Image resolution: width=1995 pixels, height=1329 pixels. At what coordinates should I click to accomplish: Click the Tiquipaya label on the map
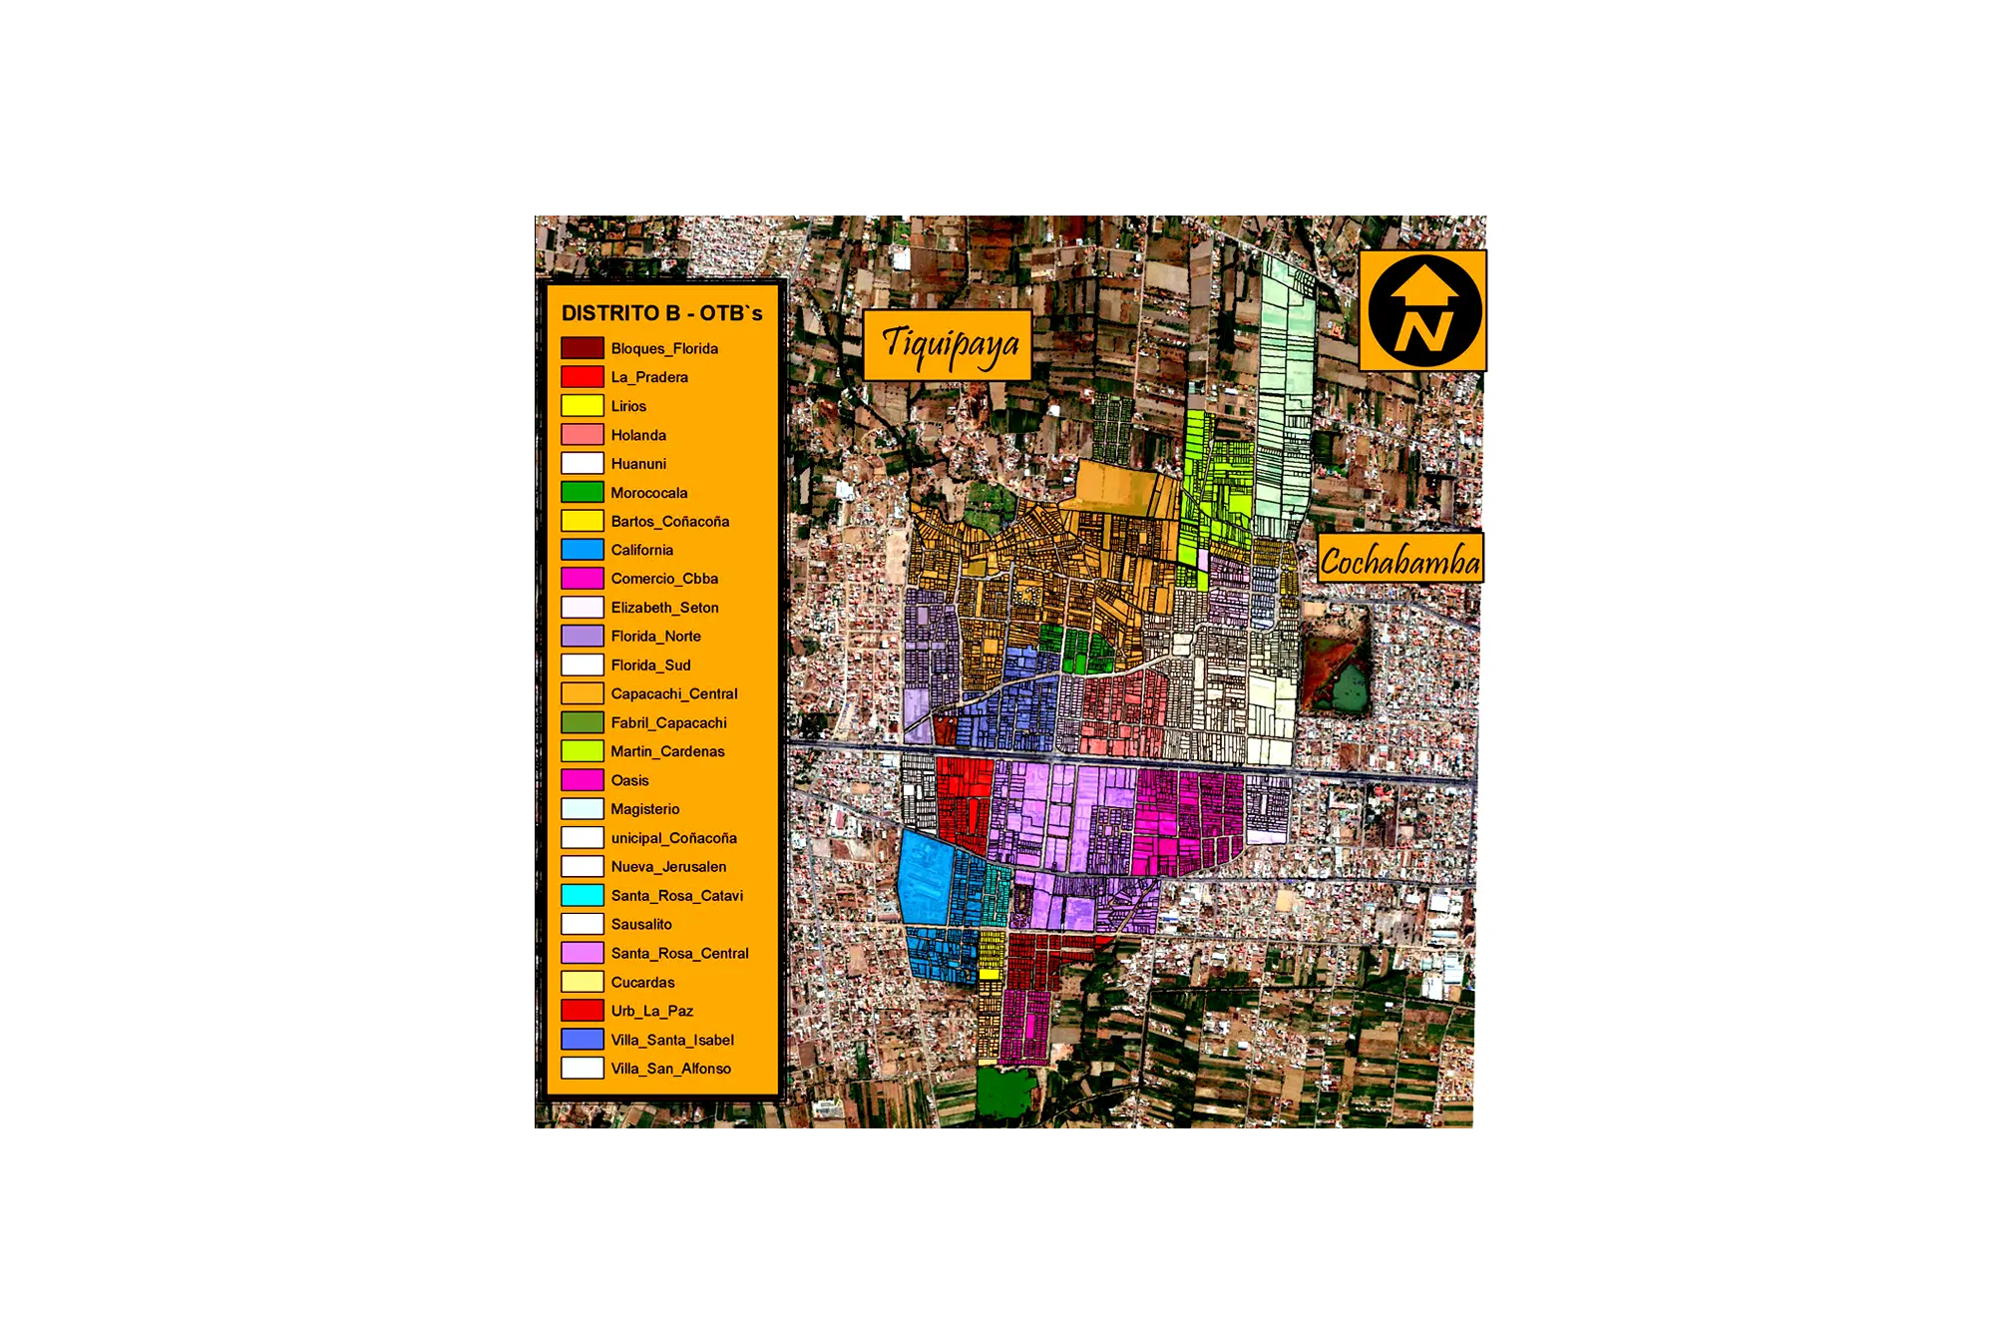[x=947, y=344]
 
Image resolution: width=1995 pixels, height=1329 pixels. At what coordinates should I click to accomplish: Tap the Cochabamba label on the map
[x=1399, y=560]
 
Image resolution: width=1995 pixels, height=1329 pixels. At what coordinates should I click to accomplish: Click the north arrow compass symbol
[x=1423, y=311]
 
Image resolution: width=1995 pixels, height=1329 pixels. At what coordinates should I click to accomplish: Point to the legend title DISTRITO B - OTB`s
[x=661, y=313]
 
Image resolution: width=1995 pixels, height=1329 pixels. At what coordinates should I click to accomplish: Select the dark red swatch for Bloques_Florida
[x=583, y=348]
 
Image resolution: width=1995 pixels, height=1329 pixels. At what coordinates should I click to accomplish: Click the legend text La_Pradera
[x=649, y=377]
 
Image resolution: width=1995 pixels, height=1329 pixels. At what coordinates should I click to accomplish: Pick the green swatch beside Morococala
[x=583, y=492]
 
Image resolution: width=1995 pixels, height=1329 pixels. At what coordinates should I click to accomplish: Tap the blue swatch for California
[x=583, y=550]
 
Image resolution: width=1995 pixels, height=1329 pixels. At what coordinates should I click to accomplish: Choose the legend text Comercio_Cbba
[x=664, y=579]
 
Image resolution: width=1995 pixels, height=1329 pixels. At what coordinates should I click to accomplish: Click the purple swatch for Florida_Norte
[x=583, y=636]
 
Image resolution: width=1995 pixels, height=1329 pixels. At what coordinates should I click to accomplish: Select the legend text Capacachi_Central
[x=674, y=693]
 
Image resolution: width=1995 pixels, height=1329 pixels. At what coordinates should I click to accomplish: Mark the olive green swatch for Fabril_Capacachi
[x=583, y=722]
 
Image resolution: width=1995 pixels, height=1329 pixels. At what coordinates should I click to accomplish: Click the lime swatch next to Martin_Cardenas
[x=583, y=751]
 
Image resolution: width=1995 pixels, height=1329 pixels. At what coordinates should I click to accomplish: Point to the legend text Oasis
[x=629, y=780]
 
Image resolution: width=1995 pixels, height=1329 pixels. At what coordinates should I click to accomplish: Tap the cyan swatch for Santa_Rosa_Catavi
[x=583, y=895]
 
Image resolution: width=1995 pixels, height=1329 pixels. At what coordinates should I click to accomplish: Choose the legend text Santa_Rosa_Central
[x=679, y=953]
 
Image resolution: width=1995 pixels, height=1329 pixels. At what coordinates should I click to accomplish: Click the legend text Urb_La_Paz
[x=651, y=1011]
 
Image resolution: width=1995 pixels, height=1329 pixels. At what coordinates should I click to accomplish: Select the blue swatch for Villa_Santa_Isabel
[x=583, y=1040]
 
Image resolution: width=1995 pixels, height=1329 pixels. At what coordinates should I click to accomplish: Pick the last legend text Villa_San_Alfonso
[x=670, y=1069]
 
